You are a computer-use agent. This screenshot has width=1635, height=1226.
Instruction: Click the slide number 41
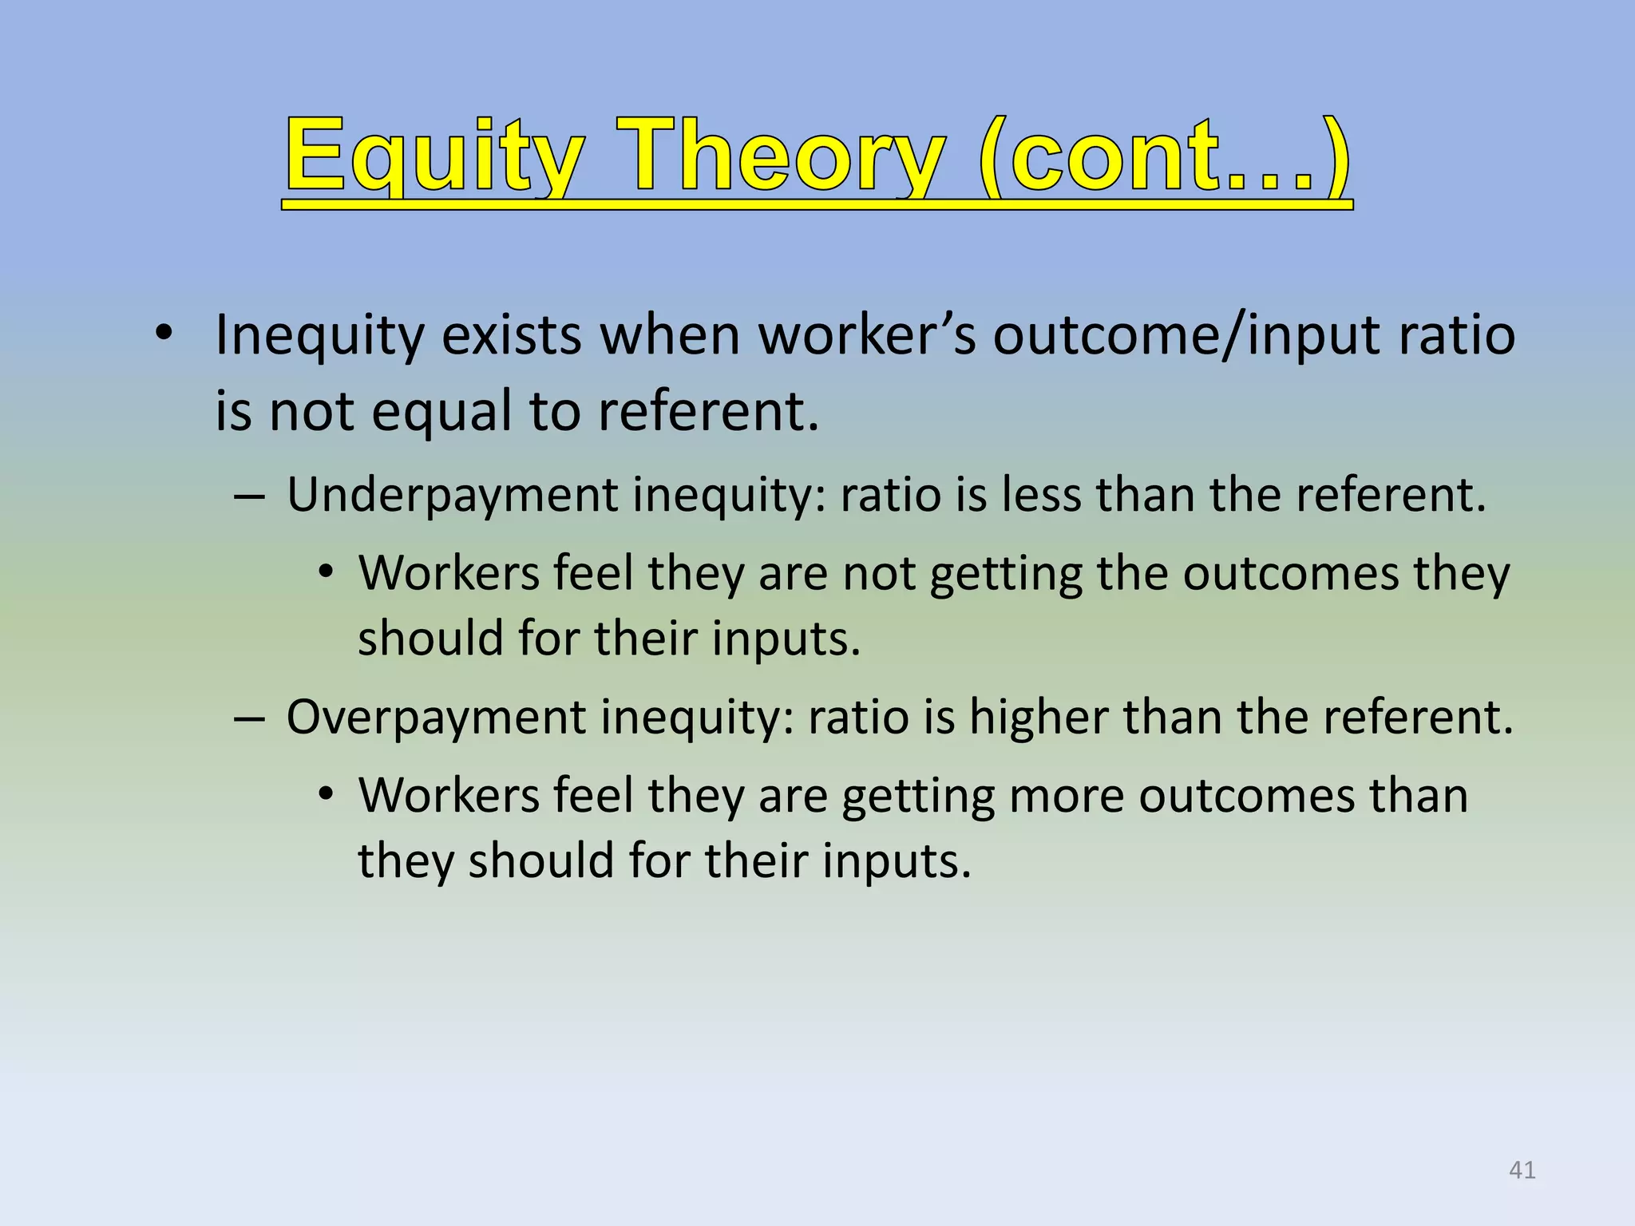coord(1522,1170)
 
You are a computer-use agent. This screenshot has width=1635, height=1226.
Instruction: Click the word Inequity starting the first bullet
coord(319,335)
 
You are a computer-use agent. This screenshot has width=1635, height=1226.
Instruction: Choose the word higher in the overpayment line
coord(1038,717)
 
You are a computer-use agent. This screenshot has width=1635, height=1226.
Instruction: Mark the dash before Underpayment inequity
coord(249,497)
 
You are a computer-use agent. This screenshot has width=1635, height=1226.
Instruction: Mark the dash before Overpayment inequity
coord(249,719)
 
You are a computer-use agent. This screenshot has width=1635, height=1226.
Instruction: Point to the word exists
coord(511,335)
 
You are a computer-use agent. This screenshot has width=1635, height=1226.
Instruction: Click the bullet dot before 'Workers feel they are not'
coord(325,573)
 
